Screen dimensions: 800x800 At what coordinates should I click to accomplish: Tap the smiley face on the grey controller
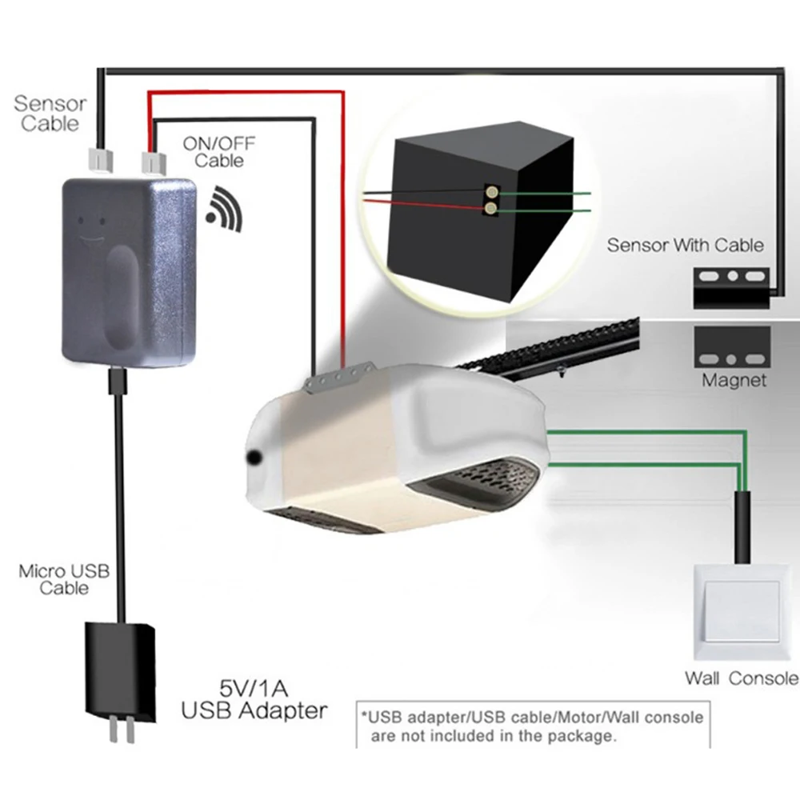pyautogui.click(x=91, y=229)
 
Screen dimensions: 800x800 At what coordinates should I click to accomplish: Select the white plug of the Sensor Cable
pyautogui.click(x=101, y=159)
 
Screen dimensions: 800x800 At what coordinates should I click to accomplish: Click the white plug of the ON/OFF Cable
pyautogui.click(x=154, y=162)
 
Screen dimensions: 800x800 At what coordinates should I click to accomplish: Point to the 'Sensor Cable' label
pyautogui.click(x=50, y=114)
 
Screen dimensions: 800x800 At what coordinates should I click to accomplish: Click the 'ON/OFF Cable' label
pyautogui.click(x=219, y=152)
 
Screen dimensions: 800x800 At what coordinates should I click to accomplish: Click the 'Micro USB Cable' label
pyautogui.click(x=64, y=579)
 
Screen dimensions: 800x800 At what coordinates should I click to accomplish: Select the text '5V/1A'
pyautogui.click(x=254, y=689)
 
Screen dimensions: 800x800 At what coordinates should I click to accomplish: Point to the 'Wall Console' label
pyautogui.click(x=742, y=678)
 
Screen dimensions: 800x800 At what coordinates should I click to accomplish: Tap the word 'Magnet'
pyautogui.click(x=734, y=380)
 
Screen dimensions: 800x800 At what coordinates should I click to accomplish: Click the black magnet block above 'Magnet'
pyautogui.click(x=732, y=347)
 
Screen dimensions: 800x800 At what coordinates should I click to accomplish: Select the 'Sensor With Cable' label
pyautogui.click(x=686, y=246)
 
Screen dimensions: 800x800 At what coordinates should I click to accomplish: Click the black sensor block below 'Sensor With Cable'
pyautogui.click(x=732, y=288)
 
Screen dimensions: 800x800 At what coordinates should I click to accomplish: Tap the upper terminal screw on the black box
pyautogui.click(x=492, y=192)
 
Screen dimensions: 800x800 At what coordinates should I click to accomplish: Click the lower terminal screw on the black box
pyautogui.click(x=491, y=208)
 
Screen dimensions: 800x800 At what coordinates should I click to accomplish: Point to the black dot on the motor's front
pyautogui.click(x=253, y=458)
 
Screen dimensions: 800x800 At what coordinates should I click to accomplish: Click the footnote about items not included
pyautogui.click(x=532, y=726)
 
